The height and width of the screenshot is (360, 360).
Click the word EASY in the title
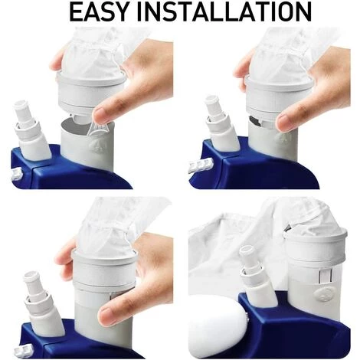98,11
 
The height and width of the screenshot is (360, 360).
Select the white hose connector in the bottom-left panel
43,303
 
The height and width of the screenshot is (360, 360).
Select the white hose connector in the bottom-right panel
257,276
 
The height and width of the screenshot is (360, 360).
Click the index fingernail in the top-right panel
283,122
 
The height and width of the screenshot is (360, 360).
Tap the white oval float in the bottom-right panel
217,326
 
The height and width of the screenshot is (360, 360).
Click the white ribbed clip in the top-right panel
201,165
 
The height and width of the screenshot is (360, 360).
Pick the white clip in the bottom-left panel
24,350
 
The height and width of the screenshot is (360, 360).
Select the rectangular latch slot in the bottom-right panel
326,277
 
